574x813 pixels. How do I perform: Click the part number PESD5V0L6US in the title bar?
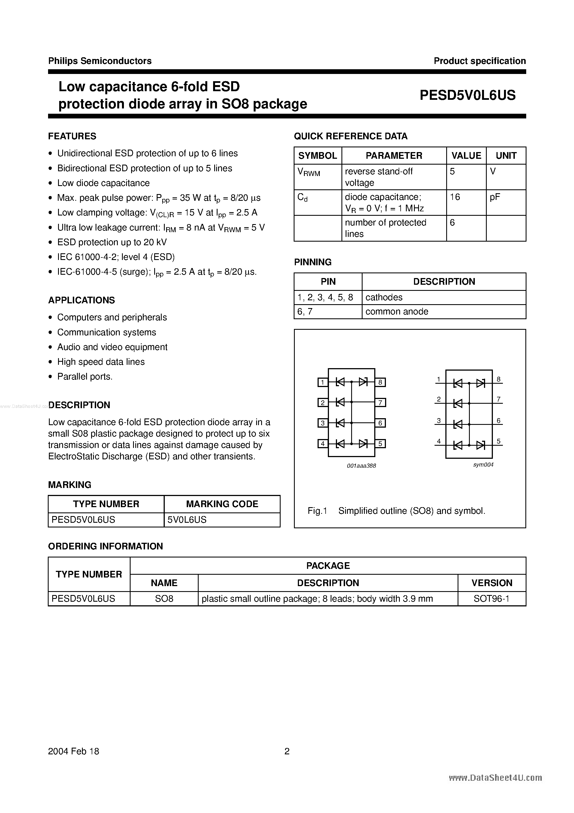468,95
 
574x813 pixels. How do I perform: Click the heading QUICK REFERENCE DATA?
350,136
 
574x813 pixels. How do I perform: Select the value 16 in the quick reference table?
455,197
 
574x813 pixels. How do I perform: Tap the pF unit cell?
495,197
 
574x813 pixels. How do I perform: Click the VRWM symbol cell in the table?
309,172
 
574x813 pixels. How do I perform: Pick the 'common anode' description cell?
396,312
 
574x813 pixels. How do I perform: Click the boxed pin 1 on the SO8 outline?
322,382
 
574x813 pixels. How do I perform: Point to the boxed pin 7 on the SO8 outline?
380,403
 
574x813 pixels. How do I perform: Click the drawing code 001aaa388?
361,466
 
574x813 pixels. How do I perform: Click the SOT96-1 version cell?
491,599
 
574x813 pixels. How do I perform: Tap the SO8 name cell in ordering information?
164,599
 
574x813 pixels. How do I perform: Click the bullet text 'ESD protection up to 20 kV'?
112,242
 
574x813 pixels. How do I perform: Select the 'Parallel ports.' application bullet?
85,377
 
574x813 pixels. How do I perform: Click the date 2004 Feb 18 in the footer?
74,751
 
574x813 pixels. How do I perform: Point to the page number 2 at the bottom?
287,751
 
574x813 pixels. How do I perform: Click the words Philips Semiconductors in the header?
100,61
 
